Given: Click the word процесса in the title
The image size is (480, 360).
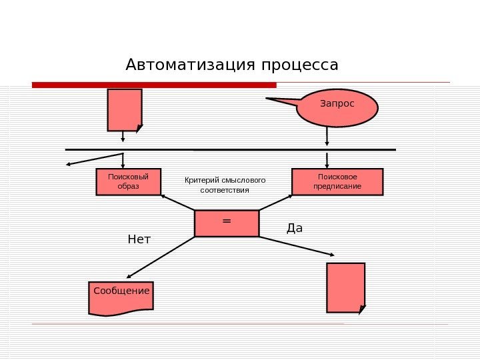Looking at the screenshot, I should tap(300, 66).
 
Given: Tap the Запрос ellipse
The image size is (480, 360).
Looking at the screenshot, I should tap(337, 107).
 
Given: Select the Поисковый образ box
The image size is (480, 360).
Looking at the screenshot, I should tap(129, 181).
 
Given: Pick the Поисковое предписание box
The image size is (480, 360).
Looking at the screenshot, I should tap(337, 181).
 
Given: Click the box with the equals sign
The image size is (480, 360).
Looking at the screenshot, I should tap(227, 223).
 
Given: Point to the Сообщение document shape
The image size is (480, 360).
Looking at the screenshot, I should tap(121, 297).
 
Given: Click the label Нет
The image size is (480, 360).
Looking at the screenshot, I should tap(139, 239).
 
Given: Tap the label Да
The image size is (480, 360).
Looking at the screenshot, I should tap(294, 228).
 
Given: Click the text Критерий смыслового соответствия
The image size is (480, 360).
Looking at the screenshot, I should tap(225, 185).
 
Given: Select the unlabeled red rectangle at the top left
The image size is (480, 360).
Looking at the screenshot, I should tap(124, 109).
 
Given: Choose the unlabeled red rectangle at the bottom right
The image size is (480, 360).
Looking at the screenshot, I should tap(345, 287).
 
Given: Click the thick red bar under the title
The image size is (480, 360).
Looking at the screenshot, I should tap(154, 85).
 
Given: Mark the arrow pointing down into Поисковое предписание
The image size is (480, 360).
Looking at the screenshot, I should tap(327, 159).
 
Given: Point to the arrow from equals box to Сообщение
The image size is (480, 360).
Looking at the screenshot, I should tap(160, 257).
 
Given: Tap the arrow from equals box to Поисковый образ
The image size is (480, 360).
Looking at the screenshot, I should tap(177, 203).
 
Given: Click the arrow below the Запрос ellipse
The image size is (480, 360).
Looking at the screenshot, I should tap(327, 135).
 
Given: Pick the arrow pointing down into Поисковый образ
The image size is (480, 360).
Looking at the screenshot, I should tap(123, 160).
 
